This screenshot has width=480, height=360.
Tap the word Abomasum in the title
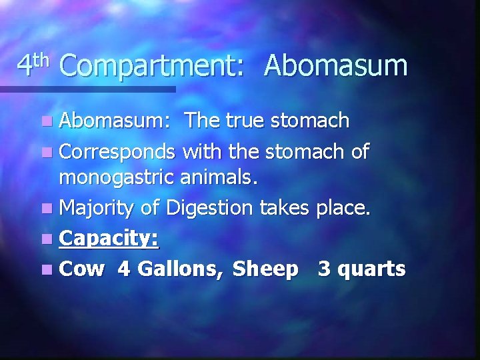[335, 65]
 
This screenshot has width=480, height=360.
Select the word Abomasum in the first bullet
[116, 121]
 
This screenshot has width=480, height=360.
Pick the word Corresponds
[118, 153]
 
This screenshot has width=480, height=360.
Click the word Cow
[83, 269]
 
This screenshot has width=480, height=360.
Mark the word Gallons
[183, 269]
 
